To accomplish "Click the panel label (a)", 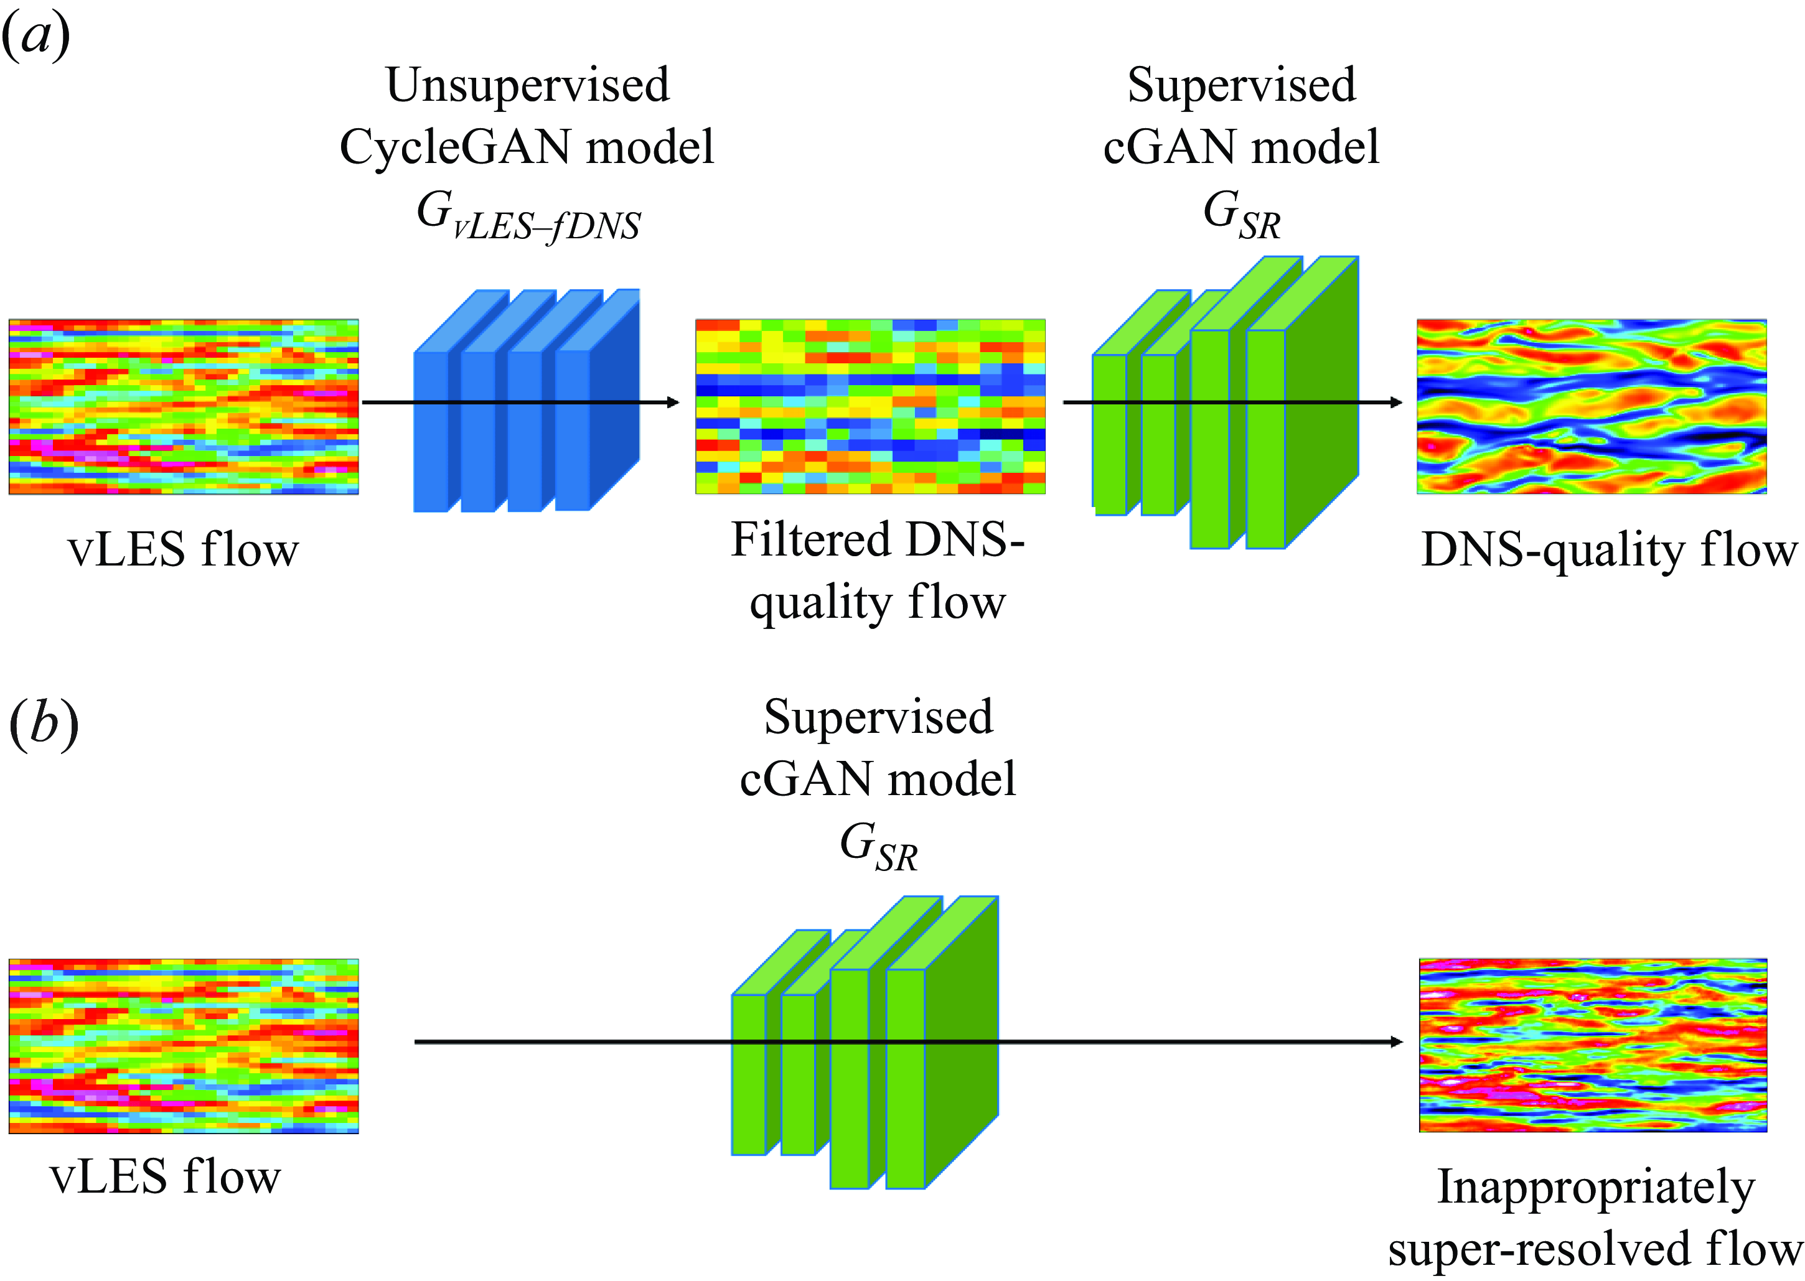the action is pyautogui.click(x=36, y=36).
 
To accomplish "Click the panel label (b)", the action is pyautogui.click(x=44, y=724).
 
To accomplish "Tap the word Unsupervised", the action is pyautogui.click(x=528, y=85).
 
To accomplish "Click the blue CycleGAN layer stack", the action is pyautogui.click(x=526, y=401).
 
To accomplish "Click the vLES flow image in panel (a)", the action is pyautogui.click(x=184, y=407).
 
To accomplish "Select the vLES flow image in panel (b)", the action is pyautogui.click(x=184, y=1046).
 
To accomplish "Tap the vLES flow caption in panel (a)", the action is pyautogui.click(x=184, y=550).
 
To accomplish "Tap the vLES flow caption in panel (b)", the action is pyautogui.click(x=165, y=1177).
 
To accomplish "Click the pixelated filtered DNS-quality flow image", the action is pyautogui.click(x=870, y=407).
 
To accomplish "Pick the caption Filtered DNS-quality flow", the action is pyautogui.click(x=877, y=571).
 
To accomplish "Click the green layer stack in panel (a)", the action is pyautogui.click(x=1225, y=403).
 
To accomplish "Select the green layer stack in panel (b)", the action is pyautogui.click(x=865, y=1042).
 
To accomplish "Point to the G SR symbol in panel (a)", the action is pyautogui.click(x=1242, y=215).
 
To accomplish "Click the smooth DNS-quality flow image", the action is pyautogui.click(x=1592, y=407).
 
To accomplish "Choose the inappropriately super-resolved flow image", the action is pyautogui.click(x=1593, y=1045).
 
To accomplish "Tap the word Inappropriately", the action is pyautogui.click(x=1596, y=1188).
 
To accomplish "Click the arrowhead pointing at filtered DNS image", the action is pyautogui.click(x=673, y=403).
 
